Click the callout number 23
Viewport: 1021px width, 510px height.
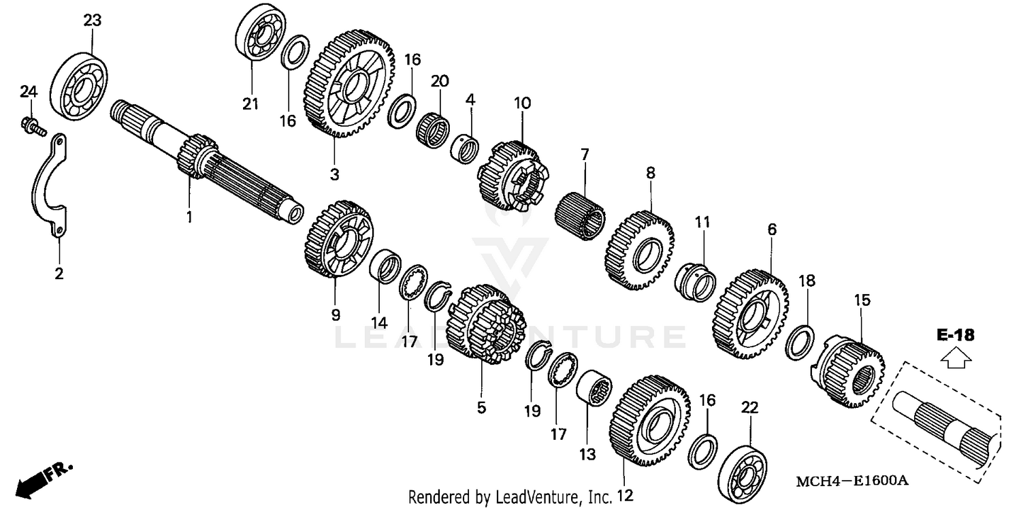(92, 20)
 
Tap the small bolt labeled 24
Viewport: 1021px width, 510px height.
(31, 125)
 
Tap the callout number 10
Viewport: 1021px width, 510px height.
(522, 103)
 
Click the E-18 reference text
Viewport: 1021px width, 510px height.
(956, 335)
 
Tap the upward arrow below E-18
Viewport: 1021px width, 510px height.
(956, 358)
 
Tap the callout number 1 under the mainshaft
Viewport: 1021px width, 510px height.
(190, 217)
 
